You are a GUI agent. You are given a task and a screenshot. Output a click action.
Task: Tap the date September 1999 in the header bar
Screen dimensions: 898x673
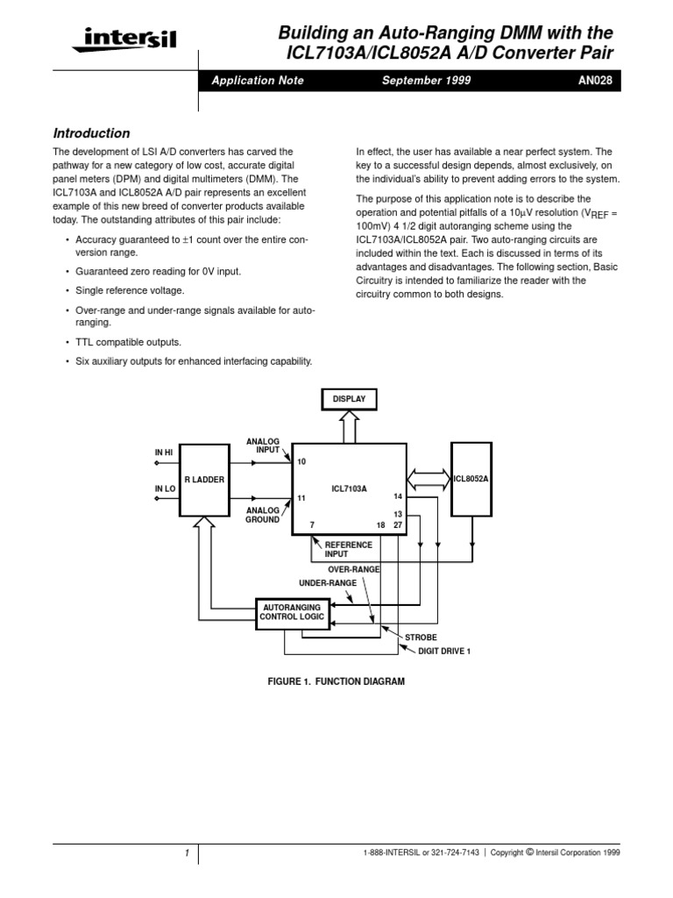pyautogui.click(x=427, y=81)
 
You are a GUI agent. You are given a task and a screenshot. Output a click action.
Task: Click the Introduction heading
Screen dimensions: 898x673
pyautogui.click(x=92, y=133)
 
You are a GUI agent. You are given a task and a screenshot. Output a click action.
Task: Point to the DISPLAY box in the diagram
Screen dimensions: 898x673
pyautogui.click(x=349, y=399)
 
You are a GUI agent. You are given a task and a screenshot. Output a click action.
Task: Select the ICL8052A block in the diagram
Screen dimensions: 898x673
pyautogui.click(x=471, y=479)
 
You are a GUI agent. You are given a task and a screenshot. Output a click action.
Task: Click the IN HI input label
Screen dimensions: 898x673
pyautogui.click(x=166, y=453)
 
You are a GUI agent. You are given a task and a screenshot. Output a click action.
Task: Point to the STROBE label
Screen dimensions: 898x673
pyautogui.click(x=419, y=637)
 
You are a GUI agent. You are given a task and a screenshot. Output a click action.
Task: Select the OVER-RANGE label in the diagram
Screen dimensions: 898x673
pyautogui.click(x=353, y=569)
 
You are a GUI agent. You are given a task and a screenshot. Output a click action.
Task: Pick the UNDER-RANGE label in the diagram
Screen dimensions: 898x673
pyautogui.click(x=328, y=582)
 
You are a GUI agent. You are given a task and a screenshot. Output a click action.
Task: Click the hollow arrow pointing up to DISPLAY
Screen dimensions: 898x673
pyautogui.click(x=349, y=427)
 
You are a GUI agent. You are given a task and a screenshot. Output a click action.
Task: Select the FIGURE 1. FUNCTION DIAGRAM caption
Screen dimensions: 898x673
pyautogui.click(x=336, y=681)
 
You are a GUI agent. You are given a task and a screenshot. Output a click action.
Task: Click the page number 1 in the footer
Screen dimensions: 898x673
pyautogui.click(x=187, y=852)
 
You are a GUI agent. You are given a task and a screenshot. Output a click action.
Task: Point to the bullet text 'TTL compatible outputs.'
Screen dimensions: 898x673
pyautogui.click(x=129, y=342)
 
